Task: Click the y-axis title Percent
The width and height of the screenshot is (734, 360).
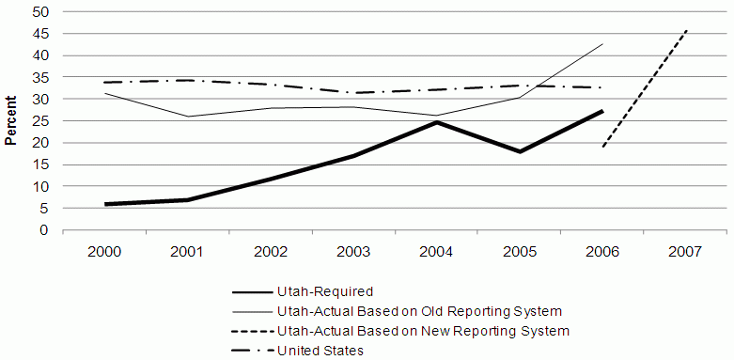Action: pyautogui.click(x=10, y=120)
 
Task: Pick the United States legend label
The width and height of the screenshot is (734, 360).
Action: pyautogui.click(x=320, y=352)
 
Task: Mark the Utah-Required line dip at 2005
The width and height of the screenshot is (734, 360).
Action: pyautogui.click(x=519, y=151)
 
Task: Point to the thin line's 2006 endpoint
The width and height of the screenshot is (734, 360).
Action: pyautogui.click(x=602, y=44)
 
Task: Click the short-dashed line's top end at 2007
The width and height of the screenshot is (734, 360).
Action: pyautogui.click(x=687, y=30)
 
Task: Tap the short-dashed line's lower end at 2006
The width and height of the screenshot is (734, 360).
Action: pyautogui.click(x=602, y=147)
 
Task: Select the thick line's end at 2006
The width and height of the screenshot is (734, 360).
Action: pyautogui.click(x=602, y=111)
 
